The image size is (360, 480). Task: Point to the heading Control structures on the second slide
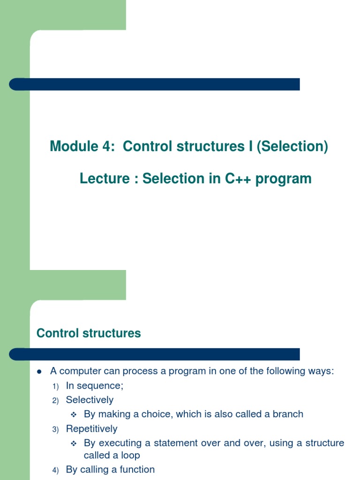coord(89,333)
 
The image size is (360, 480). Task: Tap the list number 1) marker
coord(56,387)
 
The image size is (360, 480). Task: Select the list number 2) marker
coord(56,401)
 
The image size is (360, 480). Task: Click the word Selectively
coord(90,400)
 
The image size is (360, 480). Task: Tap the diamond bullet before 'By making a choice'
coord(73,414)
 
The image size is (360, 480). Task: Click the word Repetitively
coord(91,429)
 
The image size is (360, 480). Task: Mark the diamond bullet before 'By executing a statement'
coord(73,443)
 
